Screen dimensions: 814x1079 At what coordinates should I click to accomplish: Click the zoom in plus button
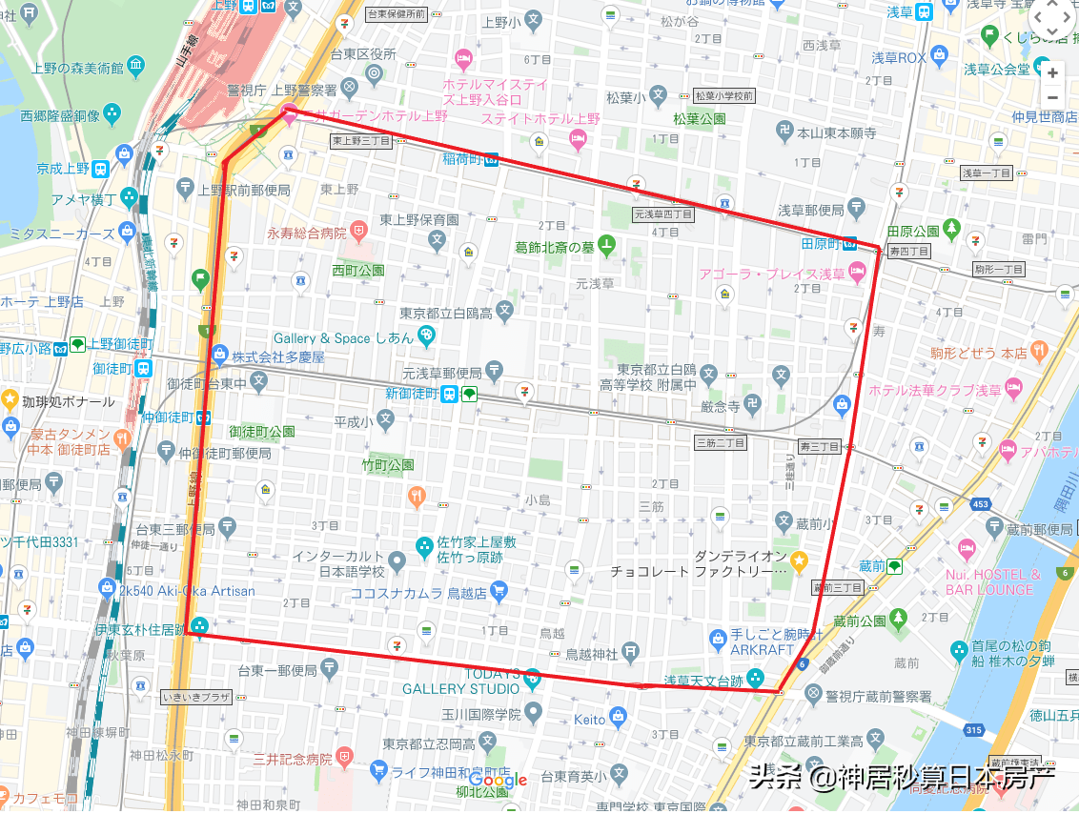[x=1052, y=72]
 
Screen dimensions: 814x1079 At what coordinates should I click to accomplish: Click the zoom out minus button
[x=1052, y=97]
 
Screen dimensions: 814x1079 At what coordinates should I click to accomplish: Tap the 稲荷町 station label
[x=463, y=159]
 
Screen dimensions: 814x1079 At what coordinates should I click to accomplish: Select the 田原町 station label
[x=820, y=242]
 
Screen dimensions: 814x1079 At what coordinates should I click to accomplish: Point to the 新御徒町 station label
[x=412, y=394]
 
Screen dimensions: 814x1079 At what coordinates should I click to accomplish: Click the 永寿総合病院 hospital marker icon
[x=358, y=232]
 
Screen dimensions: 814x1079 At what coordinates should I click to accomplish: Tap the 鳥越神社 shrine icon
[x=631, y=653]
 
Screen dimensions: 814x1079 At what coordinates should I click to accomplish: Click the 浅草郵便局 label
[x=810, y=210]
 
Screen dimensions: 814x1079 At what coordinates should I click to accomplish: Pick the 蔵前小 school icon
[x=784, y=521]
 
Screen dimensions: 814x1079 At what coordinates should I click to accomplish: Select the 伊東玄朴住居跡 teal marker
[x=199, y=626]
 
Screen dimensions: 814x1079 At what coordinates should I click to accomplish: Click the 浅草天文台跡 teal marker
[x=755, y=679]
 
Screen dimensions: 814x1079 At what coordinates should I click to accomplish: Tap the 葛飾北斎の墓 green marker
[x=606, y=246]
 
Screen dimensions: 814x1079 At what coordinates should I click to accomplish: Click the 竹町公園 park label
[x=388, y=465]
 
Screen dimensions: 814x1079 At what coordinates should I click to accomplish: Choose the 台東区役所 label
[x=362, y=54]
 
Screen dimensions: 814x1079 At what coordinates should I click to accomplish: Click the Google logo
[x=498, y=781]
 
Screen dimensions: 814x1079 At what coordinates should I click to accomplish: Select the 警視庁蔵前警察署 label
[x=878, y=697]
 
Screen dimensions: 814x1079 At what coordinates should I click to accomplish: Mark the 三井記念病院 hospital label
[x=293, y=760]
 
